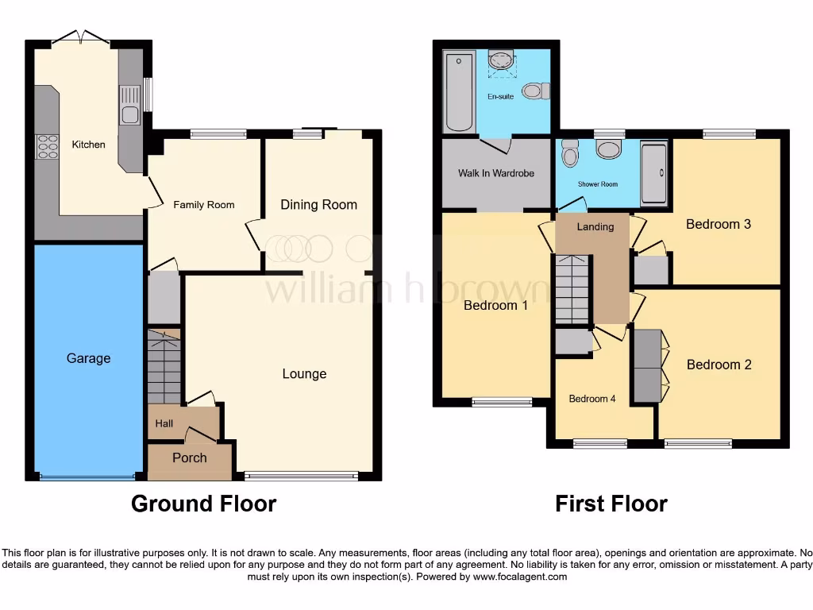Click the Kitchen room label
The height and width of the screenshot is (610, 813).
[88, 145]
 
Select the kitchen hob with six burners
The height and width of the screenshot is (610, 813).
[47, 147]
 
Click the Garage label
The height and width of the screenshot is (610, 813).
[88, 358]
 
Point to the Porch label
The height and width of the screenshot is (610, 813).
[189, 457]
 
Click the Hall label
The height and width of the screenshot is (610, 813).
[164, 423]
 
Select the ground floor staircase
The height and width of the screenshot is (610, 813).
[164, 367]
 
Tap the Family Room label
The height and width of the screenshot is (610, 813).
[204, 205]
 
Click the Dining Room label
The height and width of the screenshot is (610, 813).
[318, 205]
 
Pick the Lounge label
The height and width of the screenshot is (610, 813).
[304, 374]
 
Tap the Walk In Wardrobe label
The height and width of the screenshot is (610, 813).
[496, 173]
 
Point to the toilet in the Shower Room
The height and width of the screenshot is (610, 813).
[570, 152]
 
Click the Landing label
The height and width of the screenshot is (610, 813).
[595, 227]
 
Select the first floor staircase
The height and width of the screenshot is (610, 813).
[572, 289]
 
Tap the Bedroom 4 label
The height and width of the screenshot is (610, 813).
[592, 399]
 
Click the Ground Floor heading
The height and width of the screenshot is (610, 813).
[203, 504]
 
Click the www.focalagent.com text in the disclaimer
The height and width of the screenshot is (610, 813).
[520, 577]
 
